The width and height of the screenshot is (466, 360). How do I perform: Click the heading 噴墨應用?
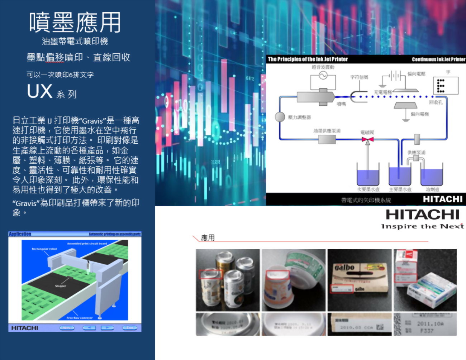point(75,22)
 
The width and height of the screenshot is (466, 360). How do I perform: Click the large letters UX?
point(40,91)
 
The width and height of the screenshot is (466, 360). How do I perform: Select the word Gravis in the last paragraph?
point(26,203)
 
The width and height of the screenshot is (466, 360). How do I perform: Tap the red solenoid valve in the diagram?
point(367,140)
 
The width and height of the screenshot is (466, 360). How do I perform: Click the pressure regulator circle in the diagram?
point(280,117)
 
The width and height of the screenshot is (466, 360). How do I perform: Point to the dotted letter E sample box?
point(445,85)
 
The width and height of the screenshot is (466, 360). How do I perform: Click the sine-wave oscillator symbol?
point(323,76)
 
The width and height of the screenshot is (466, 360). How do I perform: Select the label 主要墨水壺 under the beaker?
point(400,189)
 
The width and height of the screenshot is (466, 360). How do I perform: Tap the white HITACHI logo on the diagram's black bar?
point(443,199)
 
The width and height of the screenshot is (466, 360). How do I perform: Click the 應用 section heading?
point(208,237)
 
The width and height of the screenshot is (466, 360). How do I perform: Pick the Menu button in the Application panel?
point(67,328)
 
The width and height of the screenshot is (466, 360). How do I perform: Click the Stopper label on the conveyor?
point(61,286)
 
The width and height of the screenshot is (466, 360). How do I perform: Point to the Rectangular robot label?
point(44,249)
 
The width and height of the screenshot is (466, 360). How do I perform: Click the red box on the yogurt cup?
point(277,275)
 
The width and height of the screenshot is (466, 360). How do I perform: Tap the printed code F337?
point(427,331)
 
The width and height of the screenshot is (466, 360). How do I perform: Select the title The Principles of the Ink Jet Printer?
point(308,59)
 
